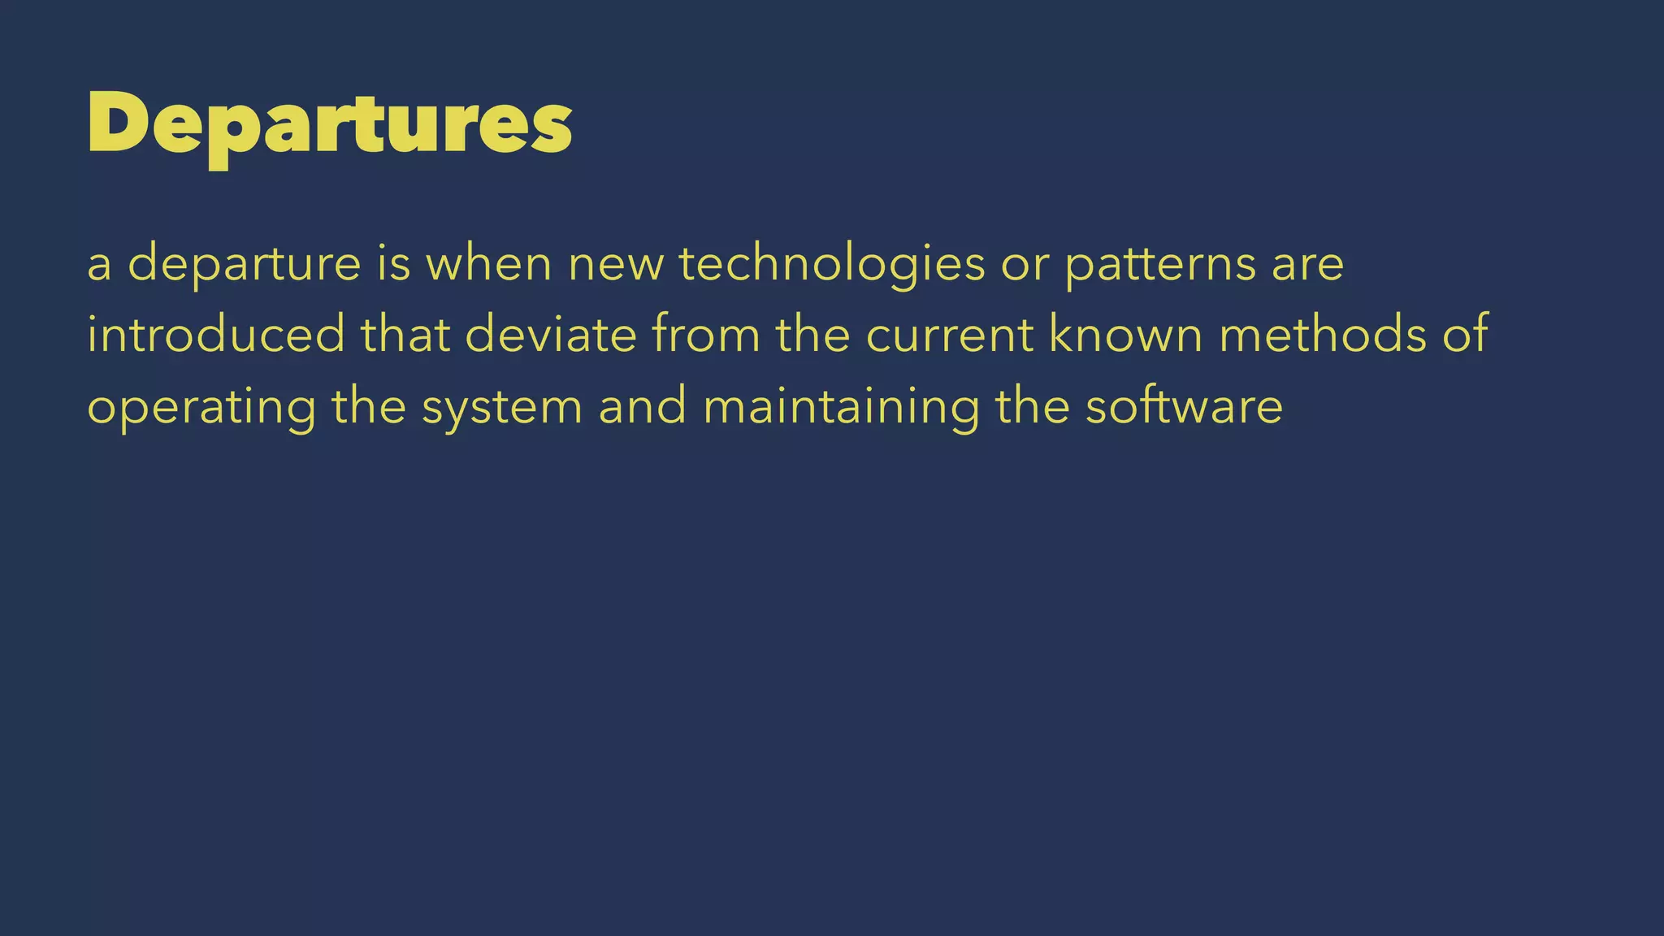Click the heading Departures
[x=329, y=123]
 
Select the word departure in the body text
[x=245, y=264]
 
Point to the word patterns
[x=1160, y=264]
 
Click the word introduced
[x=216, y=335]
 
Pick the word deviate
[x=551, y=335]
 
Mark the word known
[x=1126, y=335]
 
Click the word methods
[x=1323, y=335]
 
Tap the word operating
[x=201, y=407]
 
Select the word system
[x=502, y=407]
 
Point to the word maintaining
[x=841, y=407]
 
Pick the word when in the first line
[x=489, y=264]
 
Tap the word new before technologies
[x=616, y=264]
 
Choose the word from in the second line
[x=706, y=335]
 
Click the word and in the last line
[x=643, y=407]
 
